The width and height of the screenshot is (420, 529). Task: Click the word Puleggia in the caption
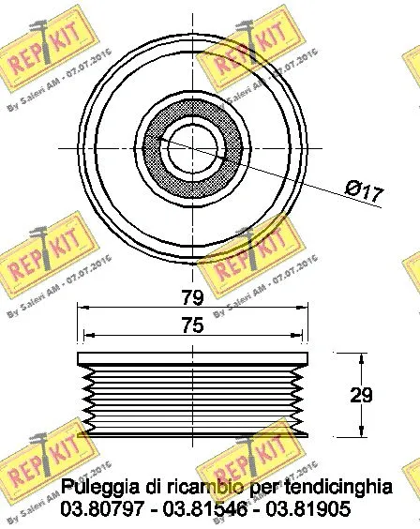[97, 488]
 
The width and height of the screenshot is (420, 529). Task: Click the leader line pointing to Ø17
[281, 173]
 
